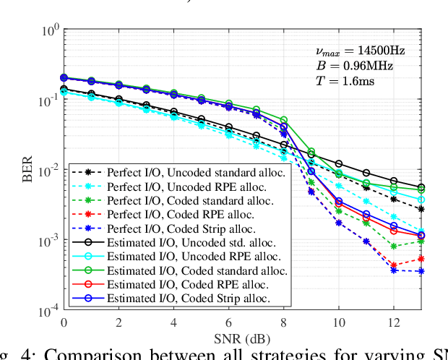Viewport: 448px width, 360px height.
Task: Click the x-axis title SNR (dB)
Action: click(242, 338)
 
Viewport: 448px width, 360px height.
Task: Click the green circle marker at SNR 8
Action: click(283, 120)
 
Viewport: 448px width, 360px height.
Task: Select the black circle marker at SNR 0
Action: click(64, 89)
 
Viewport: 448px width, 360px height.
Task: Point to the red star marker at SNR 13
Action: click(421, 259)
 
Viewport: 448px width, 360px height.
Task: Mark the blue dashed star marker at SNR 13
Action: click(421, 271)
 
